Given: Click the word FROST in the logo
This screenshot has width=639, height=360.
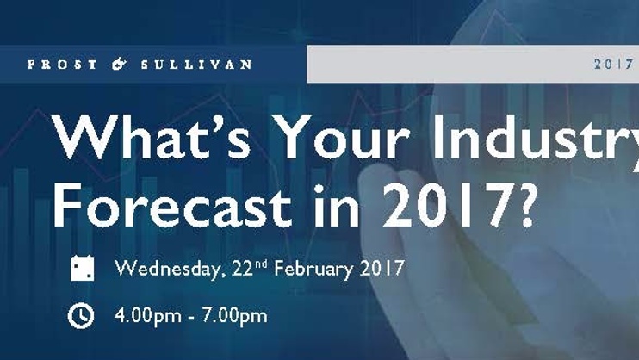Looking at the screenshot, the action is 62,65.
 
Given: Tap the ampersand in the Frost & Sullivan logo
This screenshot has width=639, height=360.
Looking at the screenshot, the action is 119,64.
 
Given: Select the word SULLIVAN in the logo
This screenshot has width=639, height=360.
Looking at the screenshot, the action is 196,65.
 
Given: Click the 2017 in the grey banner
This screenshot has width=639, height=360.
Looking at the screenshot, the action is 613,65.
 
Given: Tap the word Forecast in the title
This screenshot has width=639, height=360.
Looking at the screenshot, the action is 172,204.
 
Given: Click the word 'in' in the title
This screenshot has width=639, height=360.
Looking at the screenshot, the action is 337,204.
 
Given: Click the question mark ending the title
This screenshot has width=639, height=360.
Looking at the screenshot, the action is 525,204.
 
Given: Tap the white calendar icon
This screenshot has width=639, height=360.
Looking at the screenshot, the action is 83,268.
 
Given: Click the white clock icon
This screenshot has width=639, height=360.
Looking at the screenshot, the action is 81,315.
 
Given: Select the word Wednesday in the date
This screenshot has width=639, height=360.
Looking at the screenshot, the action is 171,269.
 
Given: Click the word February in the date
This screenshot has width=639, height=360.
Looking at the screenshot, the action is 313,270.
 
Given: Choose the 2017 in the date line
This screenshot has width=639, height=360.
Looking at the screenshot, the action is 382,269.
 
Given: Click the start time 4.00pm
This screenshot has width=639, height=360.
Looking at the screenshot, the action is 148,316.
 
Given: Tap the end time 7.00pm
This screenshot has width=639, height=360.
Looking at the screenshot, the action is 234,316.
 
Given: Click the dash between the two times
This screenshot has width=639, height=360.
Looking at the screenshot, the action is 191,318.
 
